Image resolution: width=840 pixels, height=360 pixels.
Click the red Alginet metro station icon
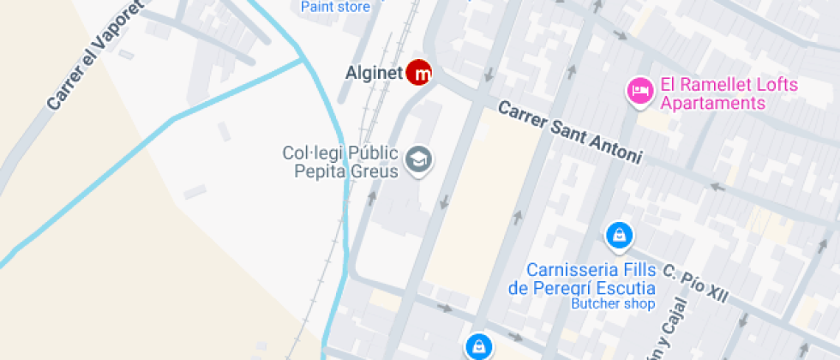coord(419,74)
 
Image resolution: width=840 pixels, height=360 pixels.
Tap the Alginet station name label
coord(374,74)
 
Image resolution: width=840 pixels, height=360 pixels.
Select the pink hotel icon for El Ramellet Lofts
coord(639,90)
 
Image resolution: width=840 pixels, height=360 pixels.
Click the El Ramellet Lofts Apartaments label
coord(729,94)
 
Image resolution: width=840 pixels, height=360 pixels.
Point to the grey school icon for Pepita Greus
coord(418,159)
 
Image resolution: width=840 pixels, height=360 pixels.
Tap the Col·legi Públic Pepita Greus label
coord(341,162)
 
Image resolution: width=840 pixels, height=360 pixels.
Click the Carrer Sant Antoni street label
coord(569,134)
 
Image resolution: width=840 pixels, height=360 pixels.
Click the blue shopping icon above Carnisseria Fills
coord(618,233)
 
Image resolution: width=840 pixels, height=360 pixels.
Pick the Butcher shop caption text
coord(613,304)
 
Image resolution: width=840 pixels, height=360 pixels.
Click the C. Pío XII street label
coord(695,284)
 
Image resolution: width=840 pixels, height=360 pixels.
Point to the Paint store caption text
coord(335,8)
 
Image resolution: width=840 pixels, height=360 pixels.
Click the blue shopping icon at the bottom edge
coord(478,346)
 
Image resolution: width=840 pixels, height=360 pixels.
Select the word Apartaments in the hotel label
coord(712,104)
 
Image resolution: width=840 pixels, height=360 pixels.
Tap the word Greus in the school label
coord(379,171)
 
